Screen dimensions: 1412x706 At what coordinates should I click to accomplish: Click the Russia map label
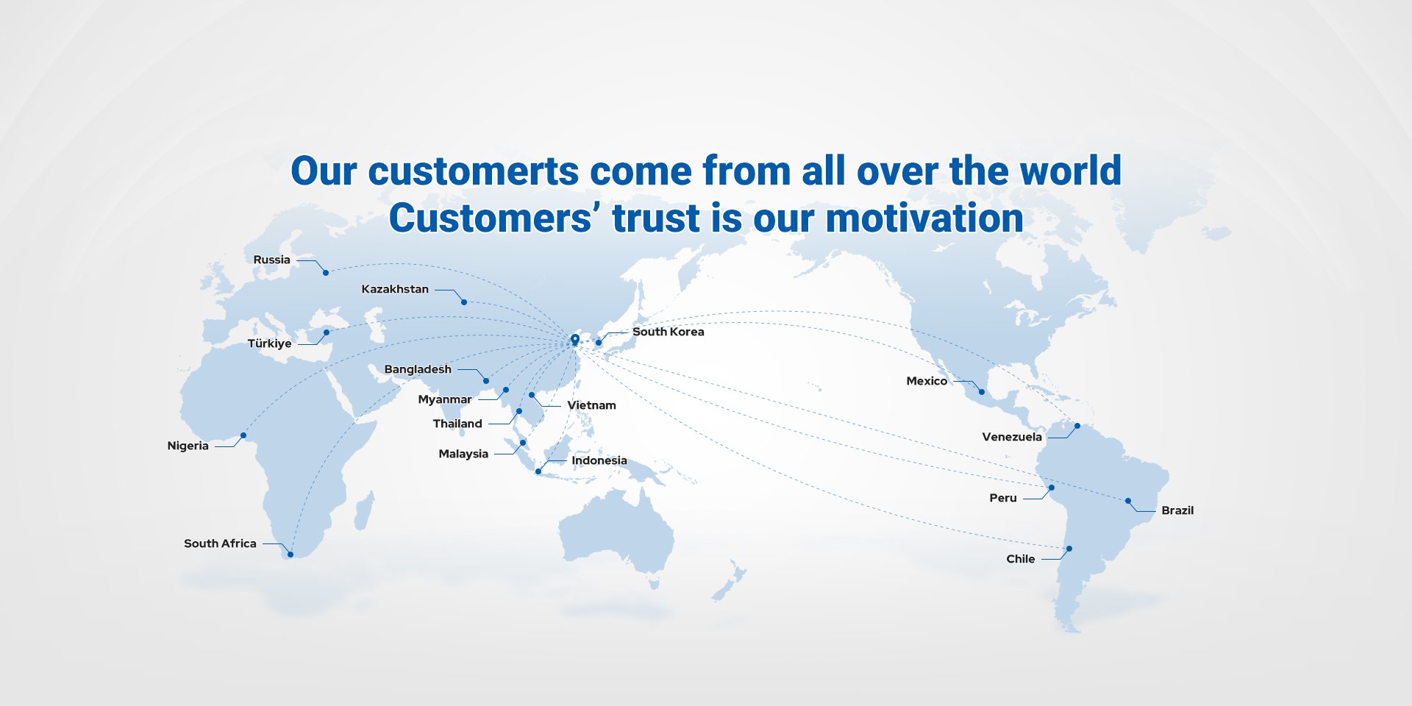(271, 260)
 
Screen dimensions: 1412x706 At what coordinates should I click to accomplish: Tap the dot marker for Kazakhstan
(463, 302)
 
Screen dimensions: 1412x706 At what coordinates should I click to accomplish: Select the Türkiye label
(269, 343)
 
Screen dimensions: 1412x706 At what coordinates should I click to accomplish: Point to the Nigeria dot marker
(243, 435)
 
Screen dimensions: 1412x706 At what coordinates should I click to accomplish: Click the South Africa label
(220, 543)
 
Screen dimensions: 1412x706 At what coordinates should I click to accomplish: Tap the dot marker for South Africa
(290, 555)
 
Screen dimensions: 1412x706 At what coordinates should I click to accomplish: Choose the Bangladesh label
(418, 369)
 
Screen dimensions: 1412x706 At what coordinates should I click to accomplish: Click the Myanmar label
(445, 399)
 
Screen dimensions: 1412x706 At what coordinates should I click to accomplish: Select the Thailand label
(457, 424)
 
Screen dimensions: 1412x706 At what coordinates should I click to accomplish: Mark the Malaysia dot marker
(523, 443)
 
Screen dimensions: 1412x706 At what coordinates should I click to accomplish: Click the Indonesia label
(599, 460)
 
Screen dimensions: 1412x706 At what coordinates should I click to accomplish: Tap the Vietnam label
(591, 405)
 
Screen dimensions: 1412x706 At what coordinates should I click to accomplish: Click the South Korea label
(668, 332)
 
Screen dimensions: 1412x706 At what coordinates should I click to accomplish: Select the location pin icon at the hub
(575, 340)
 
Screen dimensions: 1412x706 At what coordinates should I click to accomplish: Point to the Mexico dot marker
(982, 392)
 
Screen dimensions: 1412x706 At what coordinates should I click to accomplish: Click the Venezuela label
(1012, 437)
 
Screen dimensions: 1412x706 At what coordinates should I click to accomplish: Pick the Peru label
(1003, 498)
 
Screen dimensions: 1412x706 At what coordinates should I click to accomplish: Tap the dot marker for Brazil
(1128, 501)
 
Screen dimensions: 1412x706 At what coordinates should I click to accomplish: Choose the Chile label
(1021, 559)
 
